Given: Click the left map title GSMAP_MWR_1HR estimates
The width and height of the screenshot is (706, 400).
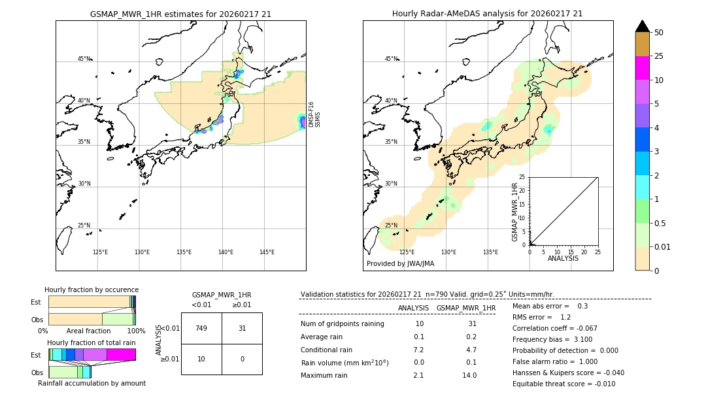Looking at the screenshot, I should (x=180, y=14).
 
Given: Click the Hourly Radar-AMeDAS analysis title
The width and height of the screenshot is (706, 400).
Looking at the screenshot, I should (x=487, y=14).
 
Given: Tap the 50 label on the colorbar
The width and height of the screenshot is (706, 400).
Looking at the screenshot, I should (x=659, y=33).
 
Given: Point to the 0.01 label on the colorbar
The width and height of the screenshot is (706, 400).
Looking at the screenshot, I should (x=663, y=246).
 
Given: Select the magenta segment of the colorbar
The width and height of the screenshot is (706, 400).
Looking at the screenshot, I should (x=642, y=68).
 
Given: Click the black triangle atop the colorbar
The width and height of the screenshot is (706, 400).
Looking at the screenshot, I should (x=642, y=26).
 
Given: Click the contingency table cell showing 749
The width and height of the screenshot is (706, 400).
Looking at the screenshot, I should (x=201, y=328).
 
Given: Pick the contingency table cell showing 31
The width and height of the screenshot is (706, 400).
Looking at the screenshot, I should (x=242, y=328).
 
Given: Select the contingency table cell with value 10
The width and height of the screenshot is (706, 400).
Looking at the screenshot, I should (x=201, y=359).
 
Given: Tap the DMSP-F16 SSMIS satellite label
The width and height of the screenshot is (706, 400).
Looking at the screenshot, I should (x=314, y=114).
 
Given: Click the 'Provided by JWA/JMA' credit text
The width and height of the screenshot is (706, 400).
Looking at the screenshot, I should (x=400, y=263).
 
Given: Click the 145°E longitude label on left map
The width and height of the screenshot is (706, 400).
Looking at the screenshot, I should (x=267, y=252).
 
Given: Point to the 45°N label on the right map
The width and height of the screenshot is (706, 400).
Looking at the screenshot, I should (x=391, y=59).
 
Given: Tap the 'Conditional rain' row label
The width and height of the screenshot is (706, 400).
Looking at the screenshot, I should (x=328, y=350).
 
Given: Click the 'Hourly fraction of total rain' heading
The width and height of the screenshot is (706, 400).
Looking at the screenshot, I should (x=92, y=342).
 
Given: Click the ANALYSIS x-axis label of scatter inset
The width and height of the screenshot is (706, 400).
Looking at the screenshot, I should (x=563, y=258).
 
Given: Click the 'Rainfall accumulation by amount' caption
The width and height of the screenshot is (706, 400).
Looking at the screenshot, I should (x=92, y=383).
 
